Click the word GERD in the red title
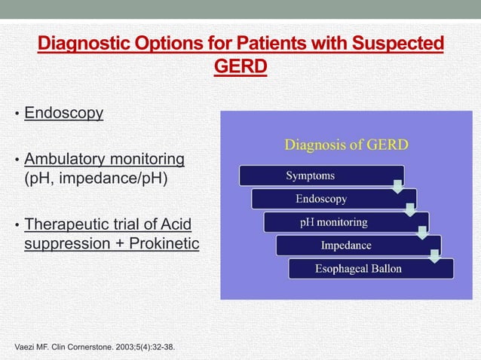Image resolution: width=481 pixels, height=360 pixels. tap(240, 68)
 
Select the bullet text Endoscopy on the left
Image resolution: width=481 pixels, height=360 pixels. tap(64, 114)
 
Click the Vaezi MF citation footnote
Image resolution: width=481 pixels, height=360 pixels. tap(102, 346)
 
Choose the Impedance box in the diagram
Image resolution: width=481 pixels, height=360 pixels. tap(347, 246)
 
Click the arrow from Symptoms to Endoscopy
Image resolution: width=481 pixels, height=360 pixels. tap(397, 184)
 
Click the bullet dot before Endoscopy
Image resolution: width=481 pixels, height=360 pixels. tap(17, 115)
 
